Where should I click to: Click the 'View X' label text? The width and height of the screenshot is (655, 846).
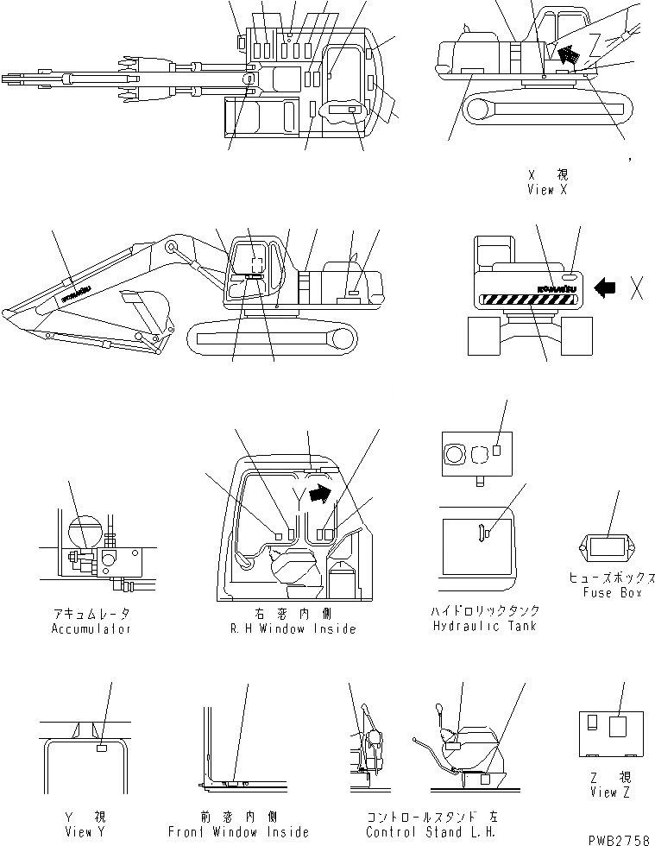click(x=546, y=190)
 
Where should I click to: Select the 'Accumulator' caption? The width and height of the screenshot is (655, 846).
click(x=91, y=629)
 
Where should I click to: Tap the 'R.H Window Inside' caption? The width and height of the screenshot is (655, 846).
click(x=294, y=629)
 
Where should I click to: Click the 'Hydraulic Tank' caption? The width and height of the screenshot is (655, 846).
click(x=484, y=625)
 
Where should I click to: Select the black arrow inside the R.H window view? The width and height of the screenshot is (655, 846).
click(x=318, y=494)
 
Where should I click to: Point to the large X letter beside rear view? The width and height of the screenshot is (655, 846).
click(x=637, y=288)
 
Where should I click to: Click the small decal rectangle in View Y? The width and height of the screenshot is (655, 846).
click(x=102, y=749)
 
